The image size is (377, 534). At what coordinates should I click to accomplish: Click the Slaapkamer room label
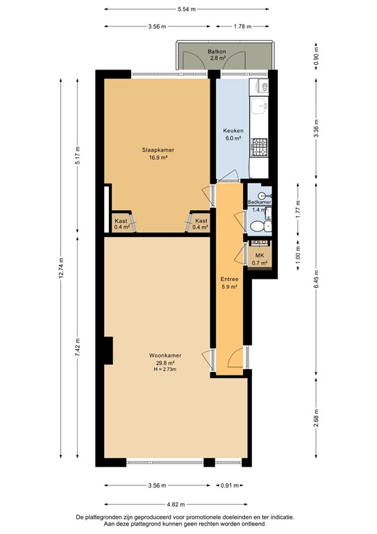(158, 149)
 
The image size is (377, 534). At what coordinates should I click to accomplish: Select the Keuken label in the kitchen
(231, 131)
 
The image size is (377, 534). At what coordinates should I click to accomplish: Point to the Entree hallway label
(229, 279)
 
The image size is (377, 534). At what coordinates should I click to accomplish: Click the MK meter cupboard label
(260, 255)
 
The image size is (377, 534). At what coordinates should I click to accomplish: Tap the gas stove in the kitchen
(260, 146)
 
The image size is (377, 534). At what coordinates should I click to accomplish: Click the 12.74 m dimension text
(61, 269)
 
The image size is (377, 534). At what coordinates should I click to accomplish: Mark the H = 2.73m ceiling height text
(165, 369)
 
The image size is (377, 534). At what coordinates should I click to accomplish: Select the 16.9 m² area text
(158, 158)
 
